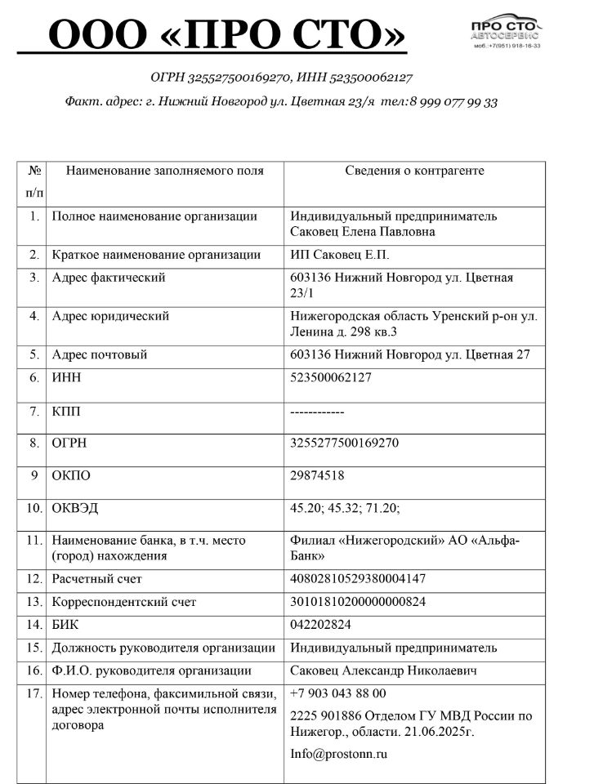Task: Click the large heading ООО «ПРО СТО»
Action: point(227,36)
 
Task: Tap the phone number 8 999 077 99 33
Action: point(453,102)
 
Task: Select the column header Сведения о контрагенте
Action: point(414,171)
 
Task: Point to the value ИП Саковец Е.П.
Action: point(340,255)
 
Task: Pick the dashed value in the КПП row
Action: point(318,412)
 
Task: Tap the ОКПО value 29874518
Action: point(317,475)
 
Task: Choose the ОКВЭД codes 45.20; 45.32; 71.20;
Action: point(345,508)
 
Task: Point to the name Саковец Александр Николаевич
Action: point(384,670)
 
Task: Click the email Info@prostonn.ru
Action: point(338,754)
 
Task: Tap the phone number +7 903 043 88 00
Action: point(337,693)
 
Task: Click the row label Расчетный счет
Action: point(96,579)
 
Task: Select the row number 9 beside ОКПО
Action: point(34,475)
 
